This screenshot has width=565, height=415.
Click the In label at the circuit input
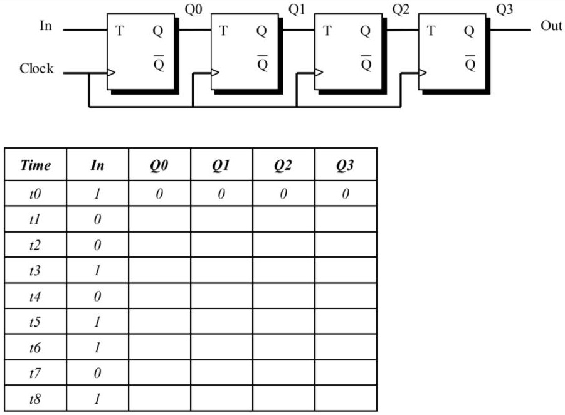pyautogui.click(x=45, y=28)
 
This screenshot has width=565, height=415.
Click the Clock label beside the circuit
pyautogui.click(x=36, y=69)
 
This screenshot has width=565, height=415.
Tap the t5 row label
pyautogui.click(x=36, y=322)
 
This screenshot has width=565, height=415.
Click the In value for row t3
pyautogui.click(x=98, y=269)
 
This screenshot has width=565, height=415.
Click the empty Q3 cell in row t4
pyautogui.click(x=346, y=295)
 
